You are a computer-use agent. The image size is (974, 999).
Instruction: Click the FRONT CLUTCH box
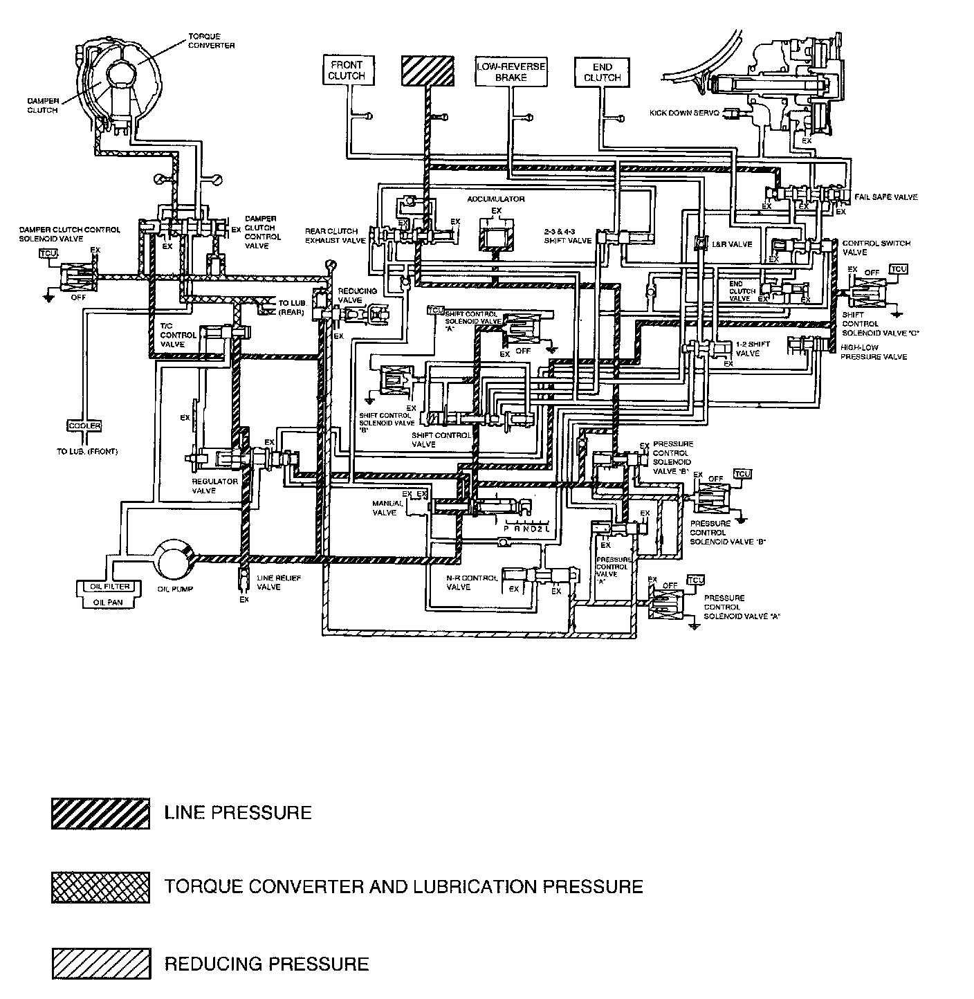347,71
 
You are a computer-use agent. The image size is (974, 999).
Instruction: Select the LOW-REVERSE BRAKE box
511,72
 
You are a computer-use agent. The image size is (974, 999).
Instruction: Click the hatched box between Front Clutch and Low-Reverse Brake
428,71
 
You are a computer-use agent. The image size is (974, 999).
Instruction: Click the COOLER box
84,426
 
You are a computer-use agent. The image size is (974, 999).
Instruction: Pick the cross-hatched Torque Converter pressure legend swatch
100,888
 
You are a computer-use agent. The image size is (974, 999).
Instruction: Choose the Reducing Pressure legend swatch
100,963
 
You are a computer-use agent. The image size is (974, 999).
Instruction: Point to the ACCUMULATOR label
495,199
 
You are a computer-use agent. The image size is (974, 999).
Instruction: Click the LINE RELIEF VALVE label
268,582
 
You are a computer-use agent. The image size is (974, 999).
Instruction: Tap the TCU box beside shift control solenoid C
898,269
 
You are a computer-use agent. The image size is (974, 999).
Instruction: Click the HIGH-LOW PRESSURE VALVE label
873,351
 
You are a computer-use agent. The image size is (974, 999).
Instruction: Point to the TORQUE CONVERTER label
212,41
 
